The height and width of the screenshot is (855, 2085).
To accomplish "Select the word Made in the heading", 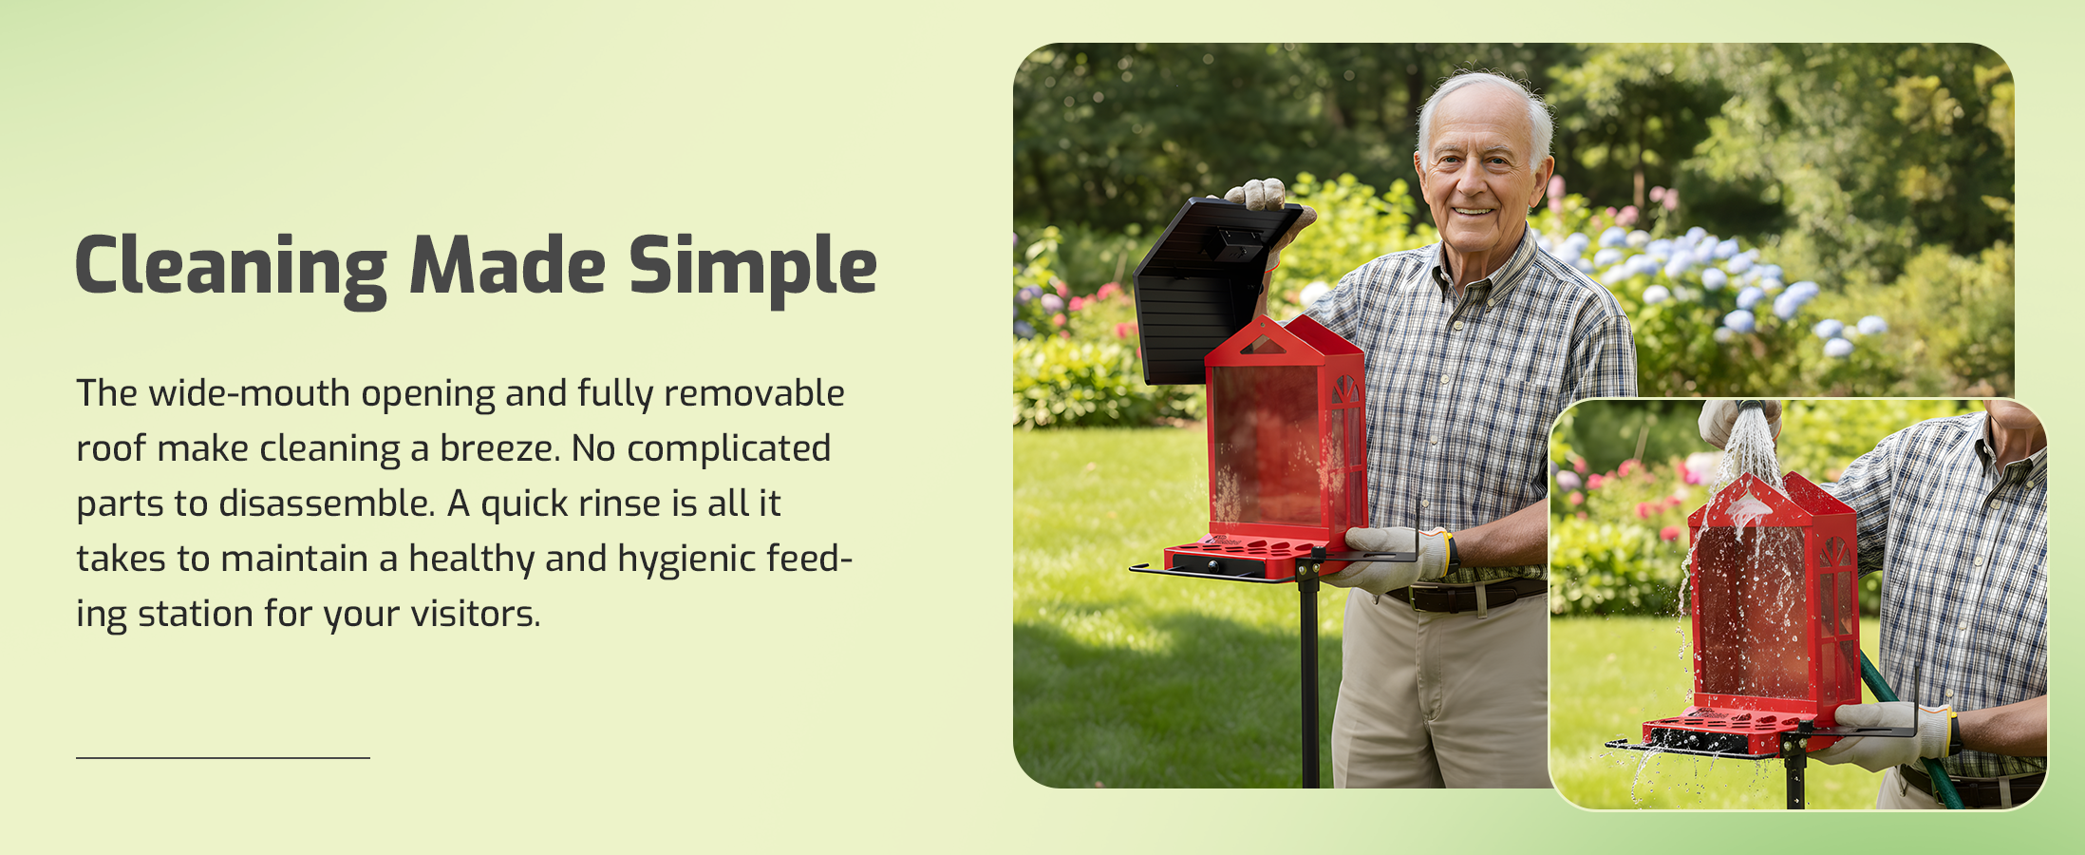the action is [508, 265].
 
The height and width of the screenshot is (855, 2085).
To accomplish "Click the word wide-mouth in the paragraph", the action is [250, 393].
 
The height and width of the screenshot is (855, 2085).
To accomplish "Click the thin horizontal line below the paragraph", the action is [223, 758].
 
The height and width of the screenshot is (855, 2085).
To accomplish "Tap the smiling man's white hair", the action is [1486, 100].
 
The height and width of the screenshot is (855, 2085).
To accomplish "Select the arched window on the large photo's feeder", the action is [1345, 390].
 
